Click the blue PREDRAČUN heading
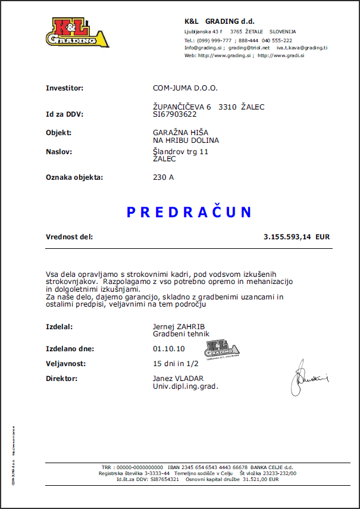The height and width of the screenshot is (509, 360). [x=189, y=212]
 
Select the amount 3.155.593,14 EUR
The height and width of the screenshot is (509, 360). [x=296, y=237]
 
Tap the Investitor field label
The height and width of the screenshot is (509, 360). [x=64, y=88]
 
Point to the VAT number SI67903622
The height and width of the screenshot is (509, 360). [x=175, y=114]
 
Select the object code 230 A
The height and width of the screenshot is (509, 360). [x=164, y=177]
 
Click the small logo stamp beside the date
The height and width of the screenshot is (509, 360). [x=222, y=349]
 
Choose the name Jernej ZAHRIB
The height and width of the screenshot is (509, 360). [x=178, y=327]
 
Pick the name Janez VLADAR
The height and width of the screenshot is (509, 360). [x=178, y=379]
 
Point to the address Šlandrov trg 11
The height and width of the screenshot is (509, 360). [x=181, y=152]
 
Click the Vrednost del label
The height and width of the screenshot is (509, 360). [x=69, y=237]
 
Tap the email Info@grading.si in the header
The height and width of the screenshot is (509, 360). [x=203, y=48]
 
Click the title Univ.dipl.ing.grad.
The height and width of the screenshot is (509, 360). [x=186, y=386]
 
